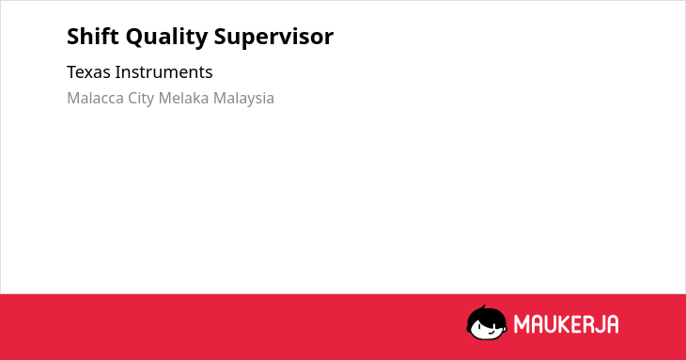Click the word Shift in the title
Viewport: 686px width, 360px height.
pyautogui.click(x=93, y=37)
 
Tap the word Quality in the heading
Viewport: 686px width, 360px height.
pyautogui.click(x=166, y=38)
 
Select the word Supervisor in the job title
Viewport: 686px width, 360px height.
pyautogui.click(x=273, y=38)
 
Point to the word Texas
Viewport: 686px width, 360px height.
pyautogui.click(x=89, y=72)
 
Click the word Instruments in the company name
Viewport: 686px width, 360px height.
pyautogui.click(x=164, y=72)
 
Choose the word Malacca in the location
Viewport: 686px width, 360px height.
pyautogui.click(x=95, y=98)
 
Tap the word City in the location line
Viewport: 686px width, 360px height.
pyautogui.click(x=141, y=99)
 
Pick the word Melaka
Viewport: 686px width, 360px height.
pyautogui.click(x=184, y=98)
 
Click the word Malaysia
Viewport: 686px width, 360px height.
pyautogui.click(x=243, y=99)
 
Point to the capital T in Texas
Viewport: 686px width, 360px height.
pyautogui.click(x=72, y=72)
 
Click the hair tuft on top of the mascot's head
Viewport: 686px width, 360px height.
pyautogui.click(x=483, y=308)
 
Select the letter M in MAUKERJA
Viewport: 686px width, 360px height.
pyautogui.click(x=522, y=324)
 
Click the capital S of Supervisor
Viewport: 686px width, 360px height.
pyautogui.click(x=221, y=37)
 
